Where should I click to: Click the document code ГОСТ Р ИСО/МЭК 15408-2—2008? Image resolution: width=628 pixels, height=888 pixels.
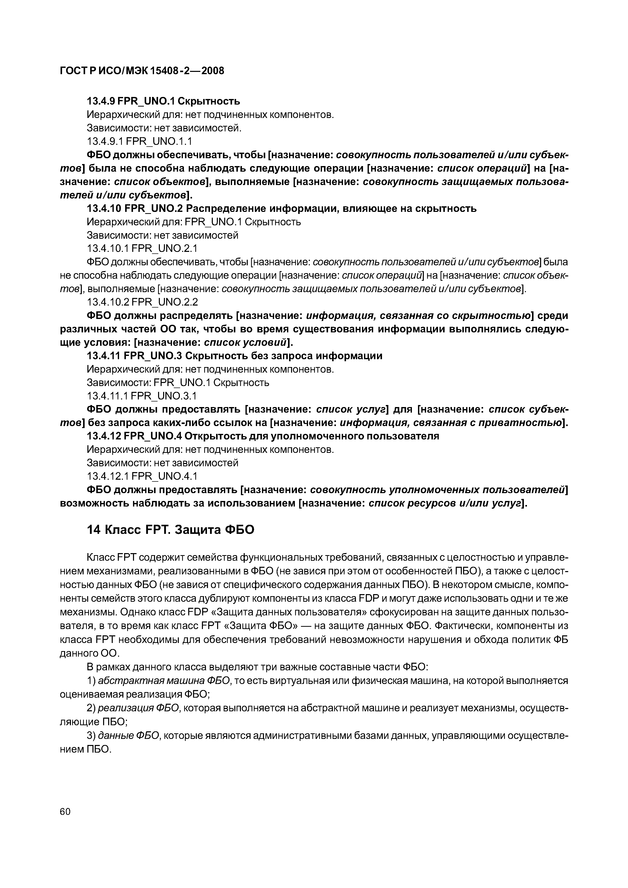pyautogui.click(x=142, y=71)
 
